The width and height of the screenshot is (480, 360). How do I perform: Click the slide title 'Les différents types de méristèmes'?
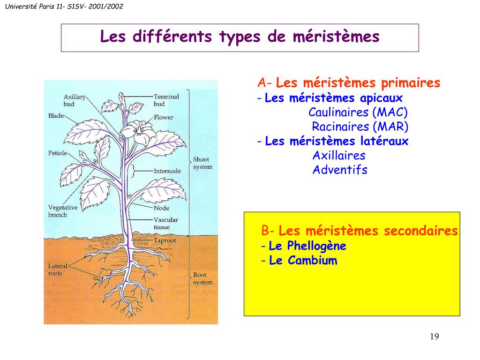[240, 37]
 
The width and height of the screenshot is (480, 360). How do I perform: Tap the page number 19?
[434, 337]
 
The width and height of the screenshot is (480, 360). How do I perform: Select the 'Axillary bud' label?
[75, 100]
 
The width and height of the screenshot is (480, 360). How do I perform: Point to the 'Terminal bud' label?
[166, 100]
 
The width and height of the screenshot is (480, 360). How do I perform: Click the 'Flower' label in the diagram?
[163, 117]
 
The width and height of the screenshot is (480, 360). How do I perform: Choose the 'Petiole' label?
[58, 153]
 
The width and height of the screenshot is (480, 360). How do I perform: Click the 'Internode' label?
[167, 171]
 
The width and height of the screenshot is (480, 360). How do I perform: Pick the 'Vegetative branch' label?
[63, 211]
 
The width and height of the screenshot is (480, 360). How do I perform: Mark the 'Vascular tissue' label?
[165, 223]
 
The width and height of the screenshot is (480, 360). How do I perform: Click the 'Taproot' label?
[165, 240]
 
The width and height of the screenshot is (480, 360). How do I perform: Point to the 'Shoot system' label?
[202, 163]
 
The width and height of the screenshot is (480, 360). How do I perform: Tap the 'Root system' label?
[202, 278]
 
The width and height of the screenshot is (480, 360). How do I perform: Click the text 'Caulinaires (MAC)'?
[358, 112]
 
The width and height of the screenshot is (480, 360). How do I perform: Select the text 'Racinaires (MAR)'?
[360, 127]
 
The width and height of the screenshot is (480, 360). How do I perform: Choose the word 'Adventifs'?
[340, 170]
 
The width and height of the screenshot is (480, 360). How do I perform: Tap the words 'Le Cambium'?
[303, 261]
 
